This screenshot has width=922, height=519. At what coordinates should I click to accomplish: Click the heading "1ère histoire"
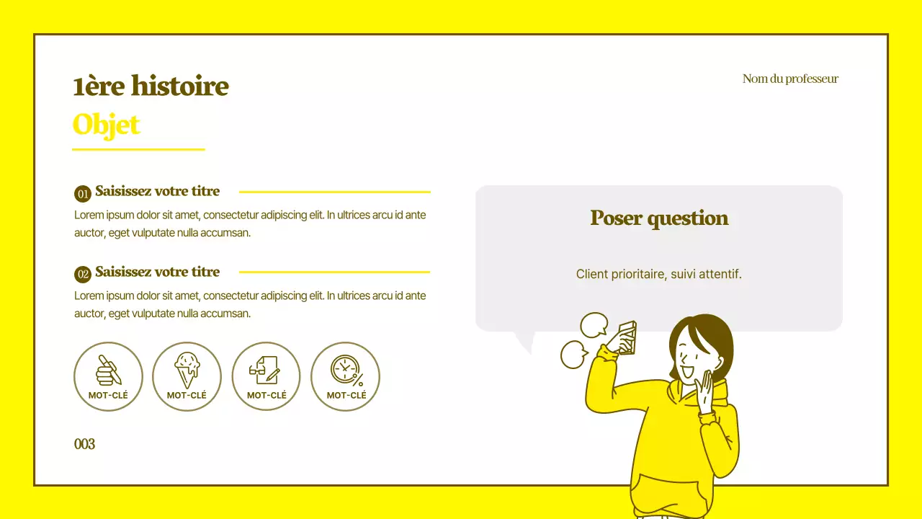tap(151, 86)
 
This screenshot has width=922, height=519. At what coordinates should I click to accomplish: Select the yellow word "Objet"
tap(106, 125)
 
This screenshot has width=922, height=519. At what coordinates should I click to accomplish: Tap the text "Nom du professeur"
tap(790, 79)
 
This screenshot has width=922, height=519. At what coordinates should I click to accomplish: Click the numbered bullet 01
tap(83, 193)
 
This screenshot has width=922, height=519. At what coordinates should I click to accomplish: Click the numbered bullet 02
tap(83, 274)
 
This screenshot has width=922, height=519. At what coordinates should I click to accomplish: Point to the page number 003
tap(84, 444)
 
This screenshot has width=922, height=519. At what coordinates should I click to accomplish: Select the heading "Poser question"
tap(659, 218)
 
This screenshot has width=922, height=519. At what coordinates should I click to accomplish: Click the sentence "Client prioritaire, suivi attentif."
tap(658, 274)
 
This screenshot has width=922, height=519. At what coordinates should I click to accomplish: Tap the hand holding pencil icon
tap(108, 370)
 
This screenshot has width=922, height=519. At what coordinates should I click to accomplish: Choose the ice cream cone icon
tap(187, 370)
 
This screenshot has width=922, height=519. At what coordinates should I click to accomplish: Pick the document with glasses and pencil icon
tap(265, 370)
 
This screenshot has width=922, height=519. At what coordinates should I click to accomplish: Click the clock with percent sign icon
tap(346, 370)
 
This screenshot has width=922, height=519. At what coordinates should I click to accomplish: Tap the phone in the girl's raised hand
tap(625, 337)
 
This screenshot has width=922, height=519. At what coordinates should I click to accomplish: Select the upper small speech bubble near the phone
tap(594, 324)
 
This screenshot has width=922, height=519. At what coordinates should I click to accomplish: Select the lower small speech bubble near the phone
tap(574, 354)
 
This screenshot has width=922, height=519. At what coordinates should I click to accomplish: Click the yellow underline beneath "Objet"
tap(138, 149)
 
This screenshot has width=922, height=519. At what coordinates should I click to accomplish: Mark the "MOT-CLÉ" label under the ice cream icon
tap(187, 395)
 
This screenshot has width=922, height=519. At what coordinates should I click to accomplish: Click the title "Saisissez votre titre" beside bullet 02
tap(157, 272)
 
